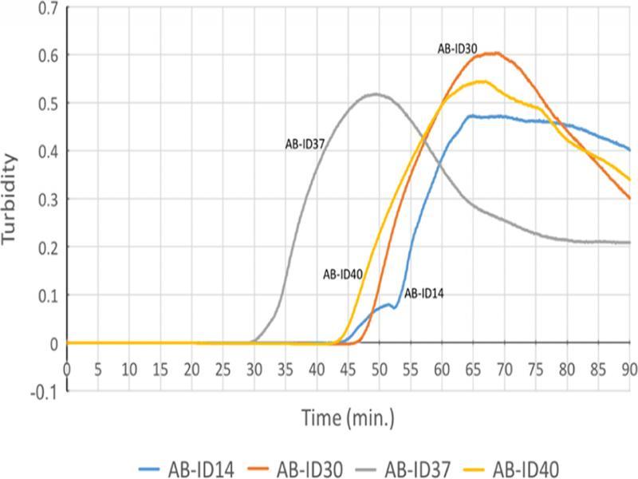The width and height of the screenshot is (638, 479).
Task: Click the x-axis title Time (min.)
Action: [x=348, y=418]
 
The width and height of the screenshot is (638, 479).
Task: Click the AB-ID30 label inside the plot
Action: [x=457, y=49]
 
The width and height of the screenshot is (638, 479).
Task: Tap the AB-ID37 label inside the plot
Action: [x=304, y=144]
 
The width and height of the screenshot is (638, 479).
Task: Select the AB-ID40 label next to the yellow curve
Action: [x=343, y=275]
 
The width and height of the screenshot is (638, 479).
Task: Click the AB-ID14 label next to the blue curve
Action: [x=423, y=294]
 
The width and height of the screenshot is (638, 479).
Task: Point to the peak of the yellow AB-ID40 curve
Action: [x=482, y=81]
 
